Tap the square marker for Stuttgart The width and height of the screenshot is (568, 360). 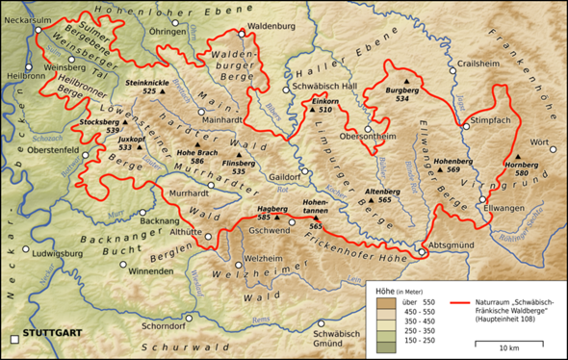click(13, 339)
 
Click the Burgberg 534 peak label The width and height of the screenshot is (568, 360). click(402, 94)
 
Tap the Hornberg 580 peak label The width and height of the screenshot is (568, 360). click(522, 168)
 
